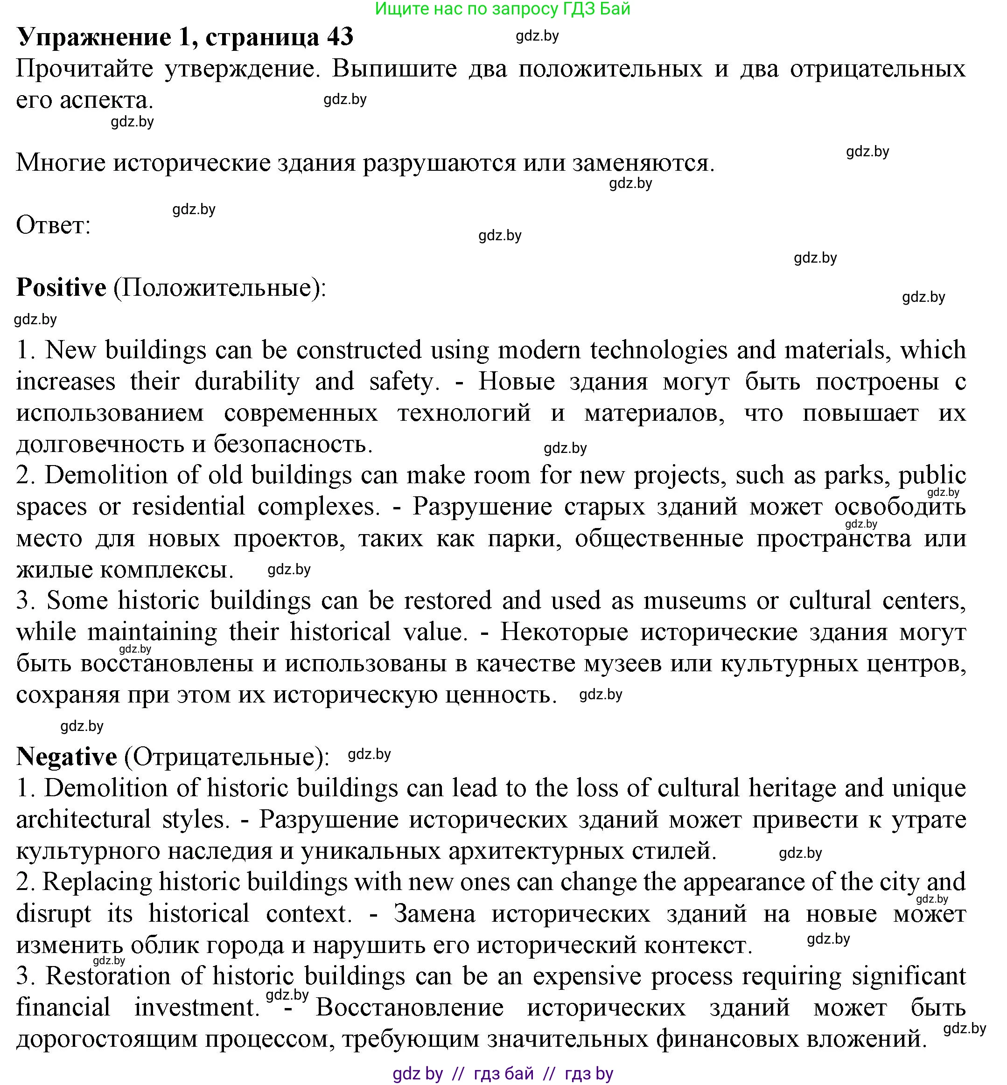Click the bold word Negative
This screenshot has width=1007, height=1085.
click(x=66, y=756)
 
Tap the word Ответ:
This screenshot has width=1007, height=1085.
click(x=53, y=225)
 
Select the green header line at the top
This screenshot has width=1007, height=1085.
click(x=503, y=9)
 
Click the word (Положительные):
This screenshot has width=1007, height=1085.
click(x=220, y=288)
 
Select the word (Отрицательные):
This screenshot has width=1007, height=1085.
click(x=227, y=757)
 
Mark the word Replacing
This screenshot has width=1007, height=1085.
click(x=97, y=883)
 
